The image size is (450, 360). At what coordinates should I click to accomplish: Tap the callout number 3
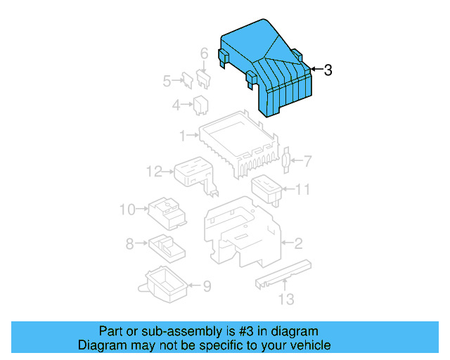click(x=328, y=70)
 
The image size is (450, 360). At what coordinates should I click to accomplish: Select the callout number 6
click(x=204, y=53)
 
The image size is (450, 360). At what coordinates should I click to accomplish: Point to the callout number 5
click(x=167, y=81)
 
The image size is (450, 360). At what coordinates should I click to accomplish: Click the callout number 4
click(x=176, y=106)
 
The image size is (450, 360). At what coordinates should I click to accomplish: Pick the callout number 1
click(x=181, y=134)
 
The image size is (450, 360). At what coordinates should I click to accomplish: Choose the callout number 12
click(x=154, y=170)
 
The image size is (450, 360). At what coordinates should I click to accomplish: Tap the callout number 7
click(x=307, y=162)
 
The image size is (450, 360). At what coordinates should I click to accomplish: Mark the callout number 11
click(x=302, y=188)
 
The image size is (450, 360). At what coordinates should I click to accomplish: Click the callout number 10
click(x=127, y=209)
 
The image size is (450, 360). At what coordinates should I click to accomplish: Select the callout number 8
click(x=129, y=244)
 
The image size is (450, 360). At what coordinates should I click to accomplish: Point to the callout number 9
click(x=207, y=286)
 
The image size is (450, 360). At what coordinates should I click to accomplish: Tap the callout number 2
click(x=298, y=244)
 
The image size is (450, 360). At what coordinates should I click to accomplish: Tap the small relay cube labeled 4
click(x=200, y=105)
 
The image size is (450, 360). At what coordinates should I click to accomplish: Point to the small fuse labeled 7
click(x=285, y=162)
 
